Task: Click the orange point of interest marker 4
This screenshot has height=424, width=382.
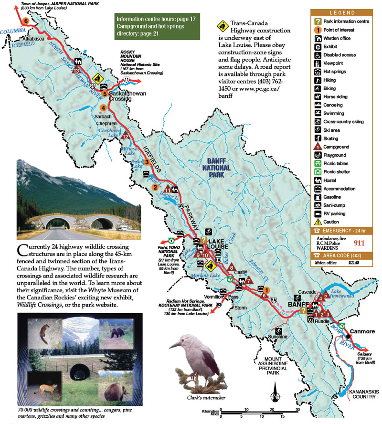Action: pyautogui.click(x=103, y=108)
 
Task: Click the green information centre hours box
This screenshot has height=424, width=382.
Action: pyautogui.click(x=149, y=26)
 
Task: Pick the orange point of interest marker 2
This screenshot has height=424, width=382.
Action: pyautogui.click(x=155, y=187)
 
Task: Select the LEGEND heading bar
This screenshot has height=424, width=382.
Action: pyautogui.click(x=341, y=13)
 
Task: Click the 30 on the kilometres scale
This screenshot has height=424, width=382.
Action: pyautogui.click(x=297, y=409)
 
